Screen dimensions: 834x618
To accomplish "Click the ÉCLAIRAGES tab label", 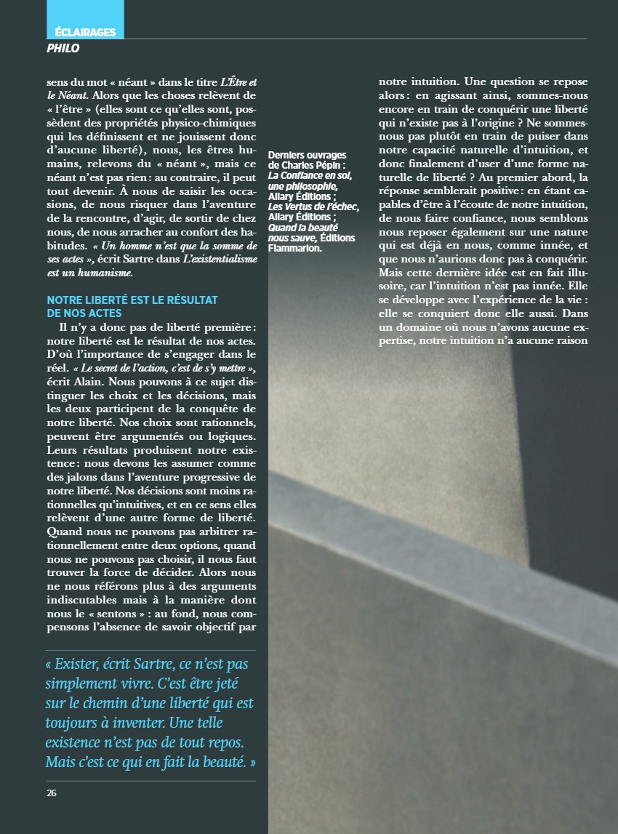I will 85,33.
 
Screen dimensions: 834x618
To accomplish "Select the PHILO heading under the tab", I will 63,49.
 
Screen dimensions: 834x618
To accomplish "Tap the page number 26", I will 51,793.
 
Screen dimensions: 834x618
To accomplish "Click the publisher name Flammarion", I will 294,247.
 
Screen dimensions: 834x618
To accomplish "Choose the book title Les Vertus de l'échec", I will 313,206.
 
